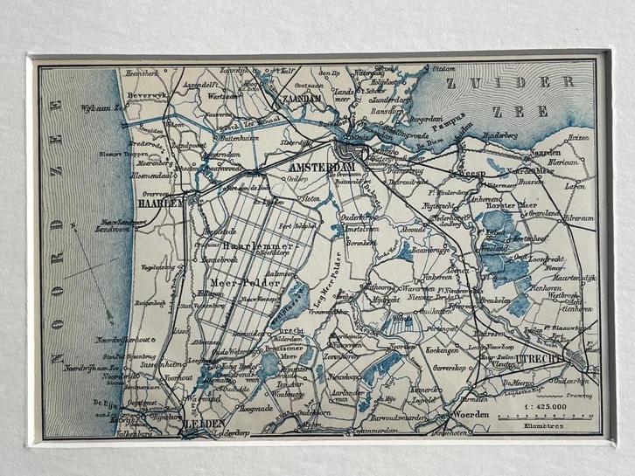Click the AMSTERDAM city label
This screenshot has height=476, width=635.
pyautogui.click(x=319, y=165)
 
